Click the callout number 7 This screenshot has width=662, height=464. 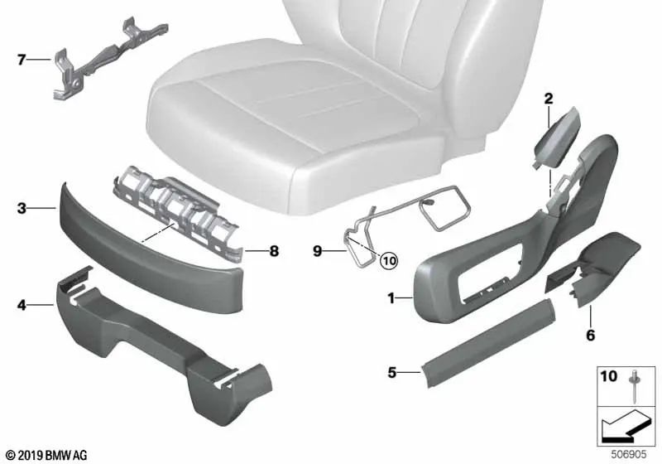pos(22,59)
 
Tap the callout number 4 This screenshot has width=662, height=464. pos(22,306)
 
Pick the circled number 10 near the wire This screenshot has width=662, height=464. pos(388,260)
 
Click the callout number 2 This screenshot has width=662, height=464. pos(547,99)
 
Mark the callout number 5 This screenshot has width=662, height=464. pos(392,374)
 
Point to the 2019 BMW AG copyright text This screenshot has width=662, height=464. pos(46,455)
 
